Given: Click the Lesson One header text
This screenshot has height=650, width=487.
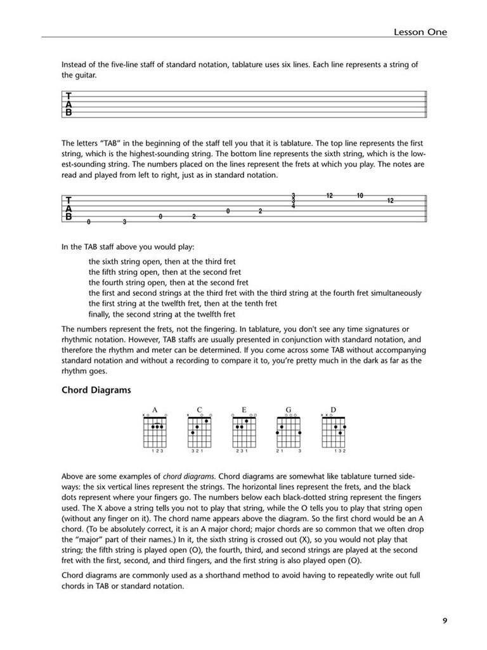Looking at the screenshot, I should [x=420, y=31].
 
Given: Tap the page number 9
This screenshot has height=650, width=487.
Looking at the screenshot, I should [x=445, y=620].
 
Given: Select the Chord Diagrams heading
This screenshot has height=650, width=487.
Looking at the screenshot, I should [x=96, y=390].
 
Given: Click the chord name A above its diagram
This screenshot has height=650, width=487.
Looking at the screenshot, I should [x=154, y=410].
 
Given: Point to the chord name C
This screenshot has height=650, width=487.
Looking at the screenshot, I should [x=199, y=410].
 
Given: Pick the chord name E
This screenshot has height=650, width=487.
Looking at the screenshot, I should [x=243, y=410].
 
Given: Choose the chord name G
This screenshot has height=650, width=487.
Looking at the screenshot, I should [x=288, y=410].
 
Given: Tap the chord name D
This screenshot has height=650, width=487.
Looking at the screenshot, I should [x=333, y=410].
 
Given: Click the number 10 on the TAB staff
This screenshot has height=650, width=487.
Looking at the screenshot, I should [x=360, y=196].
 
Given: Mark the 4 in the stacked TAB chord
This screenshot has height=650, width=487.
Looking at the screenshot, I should [x=293, y=206].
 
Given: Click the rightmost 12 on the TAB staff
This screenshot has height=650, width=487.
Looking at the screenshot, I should [x=390, y=201].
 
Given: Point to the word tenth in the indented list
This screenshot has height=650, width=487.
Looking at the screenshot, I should [x=237, y=303].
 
